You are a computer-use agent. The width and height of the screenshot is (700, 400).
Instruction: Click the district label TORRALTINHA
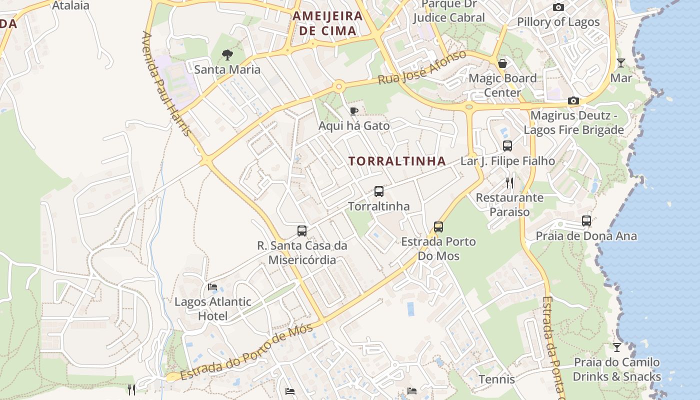click(397, 161)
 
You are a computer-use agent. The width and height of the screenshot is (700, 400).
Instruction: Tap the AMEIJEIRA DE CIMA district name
click(327, 23)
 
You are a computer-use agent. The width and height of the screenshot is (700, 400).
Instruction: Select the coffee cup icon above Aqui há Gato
click(354, 111)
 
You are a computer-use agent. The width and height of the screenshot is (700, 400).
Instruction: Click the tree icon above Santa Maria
click(227, 55)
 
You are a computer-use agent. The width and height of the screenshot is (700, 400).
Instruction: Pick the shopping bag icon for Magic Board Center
click(502, 63)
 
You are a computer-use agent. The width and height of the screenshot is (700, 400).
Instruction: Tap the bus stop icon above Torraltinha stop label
click(379, 191)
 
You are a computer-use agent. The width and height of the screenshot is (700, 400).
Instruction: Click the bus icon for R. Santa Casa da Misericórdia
click(302, 231)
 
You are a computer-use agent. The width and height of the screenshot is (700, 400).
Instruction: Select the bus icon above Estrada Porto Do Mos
click(438, 227)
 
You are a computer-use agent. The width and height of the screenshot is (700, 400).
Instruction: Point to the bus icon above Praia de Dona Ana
click(586, 221)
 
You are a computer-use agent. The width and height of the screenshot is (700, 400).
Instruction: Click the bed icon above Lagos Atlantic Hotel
click(212, 287)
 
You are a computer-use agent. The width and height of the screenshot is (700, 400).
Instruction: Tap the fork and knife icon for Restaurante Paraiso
click(509, 182)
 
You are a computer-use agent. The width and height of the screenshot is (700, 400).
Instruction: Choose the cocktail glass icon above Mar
click(621, 63)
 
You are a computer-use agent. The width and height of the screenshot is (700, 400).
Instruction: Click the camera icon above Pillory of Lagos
click(558, 7)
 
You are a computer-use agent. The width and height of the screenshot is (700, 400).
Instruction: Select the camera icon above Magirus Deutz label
click(573, 101)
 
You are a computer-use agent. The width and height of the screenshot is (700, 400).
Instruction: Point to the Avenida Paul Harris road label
click(166, 83)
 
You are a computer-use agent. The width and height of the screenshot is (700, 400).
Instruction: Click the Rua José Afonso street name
click(422, 67)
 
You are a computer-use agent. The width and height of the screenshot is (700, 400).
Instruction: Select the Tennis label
click(496, 379)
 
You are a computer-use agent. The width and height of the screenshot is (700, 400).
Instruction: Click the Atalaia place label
click(70, 5)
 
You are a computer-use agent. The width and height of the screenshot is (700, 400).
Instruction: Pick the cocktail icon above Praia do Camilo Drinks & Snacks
click(617, 347)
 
